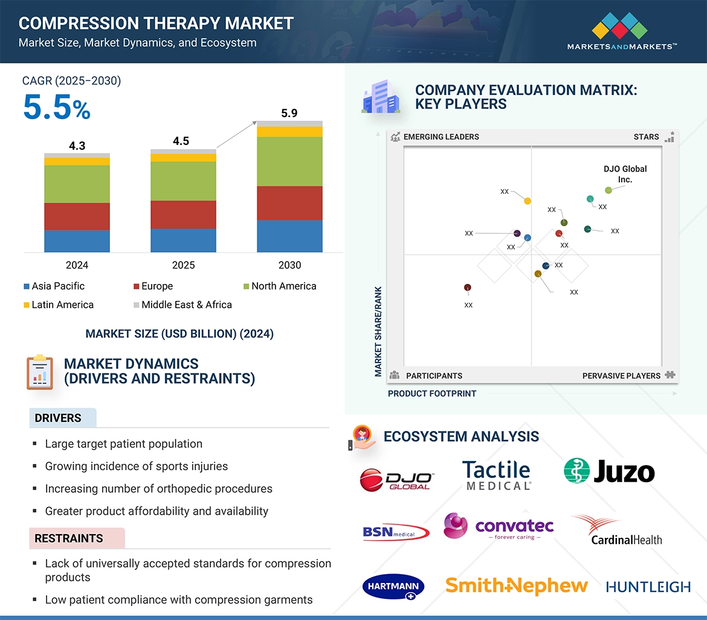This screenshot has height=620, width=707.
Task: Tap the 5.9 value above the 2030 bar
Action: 289,113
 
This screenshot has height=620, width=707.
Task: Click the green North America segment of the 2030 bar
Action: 289,161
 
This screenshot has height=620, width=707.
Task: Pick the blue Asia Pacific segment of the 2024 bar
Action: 77,241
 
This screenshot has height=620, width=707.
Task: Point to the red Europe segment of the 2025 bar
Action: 183,215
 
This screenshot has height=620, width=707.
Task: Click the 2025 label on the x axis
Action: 183,265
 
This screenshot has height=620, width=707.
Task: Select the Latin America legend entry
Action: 58,305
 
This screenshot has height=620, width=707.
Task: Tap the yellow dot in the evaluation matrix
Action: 528,201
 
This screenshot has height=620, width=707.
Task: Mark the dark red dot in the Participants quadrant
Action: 467,288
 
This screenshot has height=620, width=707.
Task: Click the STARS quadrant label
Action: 646,137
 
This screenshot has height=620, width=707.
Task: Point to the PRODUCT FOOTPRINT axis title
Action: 432,393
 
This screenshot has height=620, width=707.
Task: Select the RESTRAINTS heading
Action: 69,538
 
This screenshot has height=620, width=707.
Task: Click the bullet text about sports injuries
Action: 136,466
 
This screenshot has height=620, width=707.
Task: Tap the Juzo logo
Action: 609,471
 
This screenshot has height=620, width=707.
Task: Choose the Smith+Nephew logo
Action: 516,585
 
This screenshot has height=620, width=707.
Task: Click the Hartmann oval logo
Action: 393,587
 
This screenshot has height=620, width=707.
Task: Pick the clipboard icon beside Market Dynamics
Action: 40,372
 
